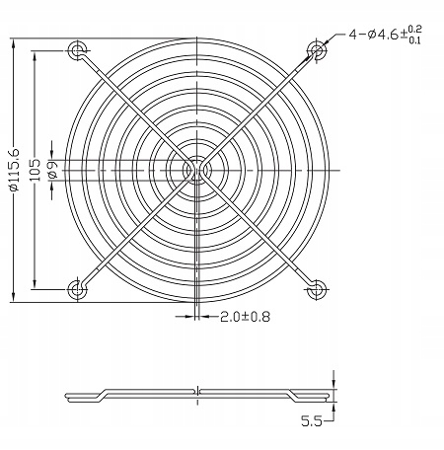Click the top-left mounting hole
click(x=77, y=49)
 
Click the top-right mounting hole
click(x=317, y=49)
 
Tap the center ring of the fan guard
click(x=197, y=169)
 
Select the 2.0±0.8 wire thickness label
click(x=245, y=317)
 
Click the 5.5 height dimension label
click(x=314, y=420)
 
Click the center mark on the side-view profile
click(x=197, y=392)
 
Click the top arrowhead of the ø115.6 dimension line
click(x=14, y=43)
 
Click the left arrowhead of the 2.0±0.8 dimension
click(x=189, y=317)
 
